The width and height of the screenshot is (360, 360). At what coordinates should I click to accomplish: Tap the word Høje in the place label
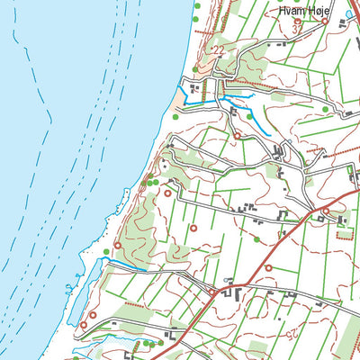pos(321,11)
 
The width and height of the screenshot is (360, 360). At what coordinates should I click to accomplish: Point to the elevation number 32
pos(298,30)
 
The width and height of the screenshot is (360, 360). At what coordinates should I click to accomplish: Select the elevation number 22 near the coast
pos(217,50)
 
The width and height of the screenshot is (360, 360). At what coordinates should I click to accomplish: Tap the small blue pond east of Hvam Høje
pos(349,13)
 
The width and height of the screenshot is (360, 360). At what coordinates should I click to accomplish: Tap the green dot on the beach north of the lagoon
pos(106,251)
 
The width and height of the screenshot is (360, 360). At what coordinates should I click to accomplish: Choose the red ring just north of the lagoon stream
pos(118,245)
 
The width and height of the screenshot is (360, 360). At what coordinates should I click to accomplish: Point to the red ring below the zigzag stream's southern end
pos(238,136)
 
